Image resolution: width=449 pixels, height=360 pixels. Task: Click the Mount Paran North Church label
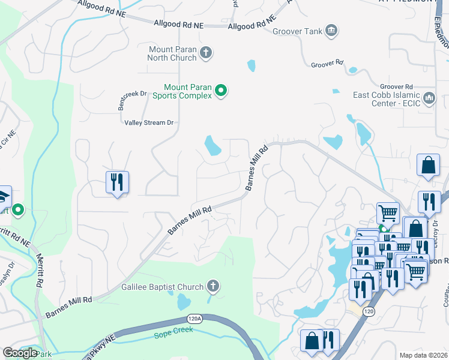[x=172, y=53]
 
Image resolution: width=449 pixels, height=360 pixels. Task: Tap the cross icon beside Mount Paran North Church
[x=205, y=53]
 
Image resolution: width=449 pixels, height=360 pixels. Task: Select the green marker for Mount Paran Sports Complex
[x=221, y=91]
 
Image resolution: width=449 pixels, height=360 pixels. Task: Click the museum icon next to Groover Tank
[x=331, y=31]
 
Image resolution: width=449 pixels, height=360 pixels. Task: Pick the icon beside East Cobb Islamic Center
[x=429, y=97]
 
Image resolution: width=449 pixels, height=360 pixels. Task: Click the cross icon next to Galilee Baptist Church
[x=212, y=286]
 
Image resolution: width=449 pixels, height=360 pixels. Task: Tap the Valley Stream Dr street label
[x=149, y=122]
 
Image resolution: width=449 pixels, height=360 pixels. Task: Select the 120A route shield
[x=194, y=319]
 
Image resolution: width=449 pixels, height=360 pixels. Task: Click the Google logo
[x=20, y=353]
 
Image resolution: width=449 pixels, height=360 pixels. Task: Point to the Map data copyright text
[x=424, y=355]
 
